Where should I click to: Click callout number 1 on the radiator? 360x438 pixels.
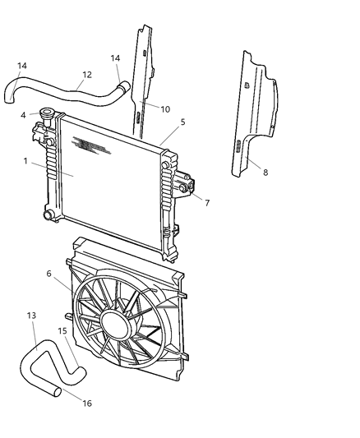point(25,161)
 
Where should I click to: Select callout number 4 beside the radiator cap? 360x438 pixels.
point(24,115)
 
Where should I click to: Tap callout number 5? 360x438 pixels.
point(182,122)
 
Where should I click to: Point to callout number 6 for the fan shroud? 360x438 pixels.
point(48,274)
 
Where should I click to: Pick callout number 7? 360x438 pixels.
point(207,202)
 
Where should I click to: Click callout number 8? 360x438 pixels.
point(265,173)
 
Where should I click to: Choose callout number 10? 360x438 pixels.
point(165,108)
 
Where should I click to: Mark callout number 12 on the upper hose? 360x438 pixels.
point(86,74)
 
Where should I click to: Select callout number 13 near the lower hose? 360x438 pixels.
point(31,316)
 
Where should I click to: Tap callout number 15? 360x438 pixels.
point(62,331)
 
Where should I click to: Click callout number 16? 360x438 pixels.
point(87,403)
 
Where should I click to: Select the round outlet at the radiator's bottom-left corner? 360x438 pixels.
point(50,215)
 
